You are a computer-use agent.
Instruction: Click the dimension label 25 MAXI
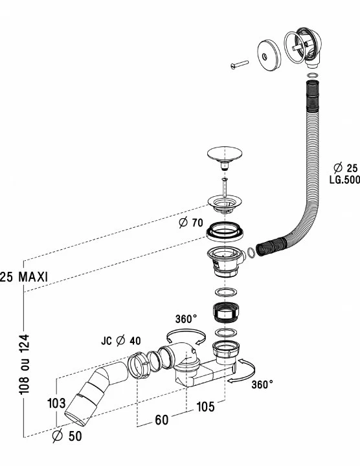(24, 277)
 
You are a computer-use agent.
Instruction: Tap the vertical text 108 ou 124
(25, 364)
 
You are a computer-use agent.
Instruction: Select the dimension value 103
(56, 403)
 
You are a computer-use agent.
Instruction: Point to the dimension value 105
(205, 406)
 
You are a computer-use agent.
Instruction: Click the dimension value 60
(162, 419)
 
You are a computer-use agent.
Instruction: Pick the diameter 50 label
(67, 436)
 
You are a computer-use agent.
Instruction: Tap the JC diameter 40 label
(120, 340)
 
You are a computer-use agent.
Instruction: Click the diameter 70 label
(191, 222)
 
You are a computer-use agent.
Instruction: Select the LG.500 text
(344, 179)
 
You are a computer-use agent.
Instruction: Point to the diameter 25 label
(346, 168)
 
